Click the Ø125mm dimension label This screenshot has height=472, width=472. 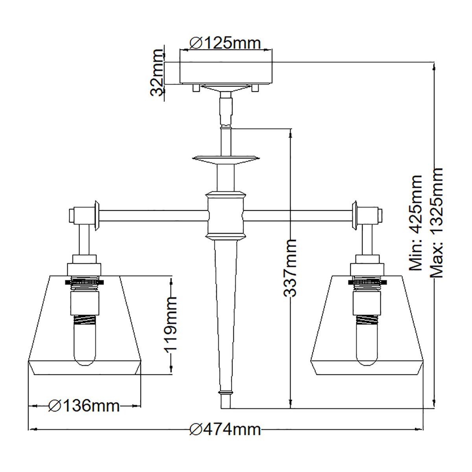pyautogui.click(x=225, y=42)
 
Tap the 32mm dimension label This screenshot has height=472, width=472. pyautogui.click(x=157, y=73)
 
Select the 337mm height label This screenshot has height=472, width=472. pyautogui.click(x=290, y=267)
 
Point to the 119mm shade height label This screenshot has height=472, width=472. pyautogui.click(x=170, y=323)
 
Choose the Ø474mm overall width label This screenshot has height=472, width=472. pyautogui.click(x=225, y=429)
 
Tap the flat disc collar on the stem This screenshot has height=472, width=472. pyautogui.click(x=226, y=159)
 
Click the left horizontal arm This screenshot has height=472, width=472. pyautogui.click(x=153, y=216)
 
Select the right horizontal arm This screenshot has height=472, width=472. pyautogui.click(x=299, y=216)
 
